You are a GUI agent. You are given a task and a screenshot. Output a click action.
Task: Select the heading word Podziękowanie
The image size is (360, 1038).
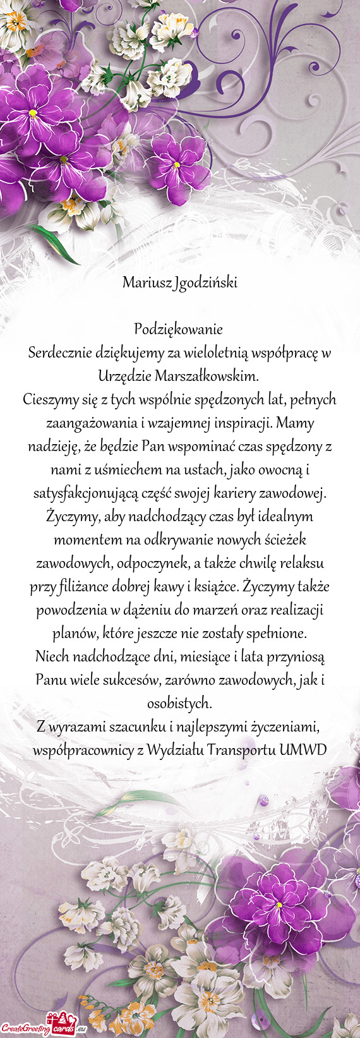coord(179,329)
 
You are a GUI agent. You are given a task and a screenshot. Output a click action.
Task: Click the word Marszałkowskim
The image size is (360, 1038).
coord(207,377)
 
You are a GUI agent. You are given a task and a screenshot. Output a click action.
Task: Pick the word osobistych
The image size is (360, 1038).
coord(179,704)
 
